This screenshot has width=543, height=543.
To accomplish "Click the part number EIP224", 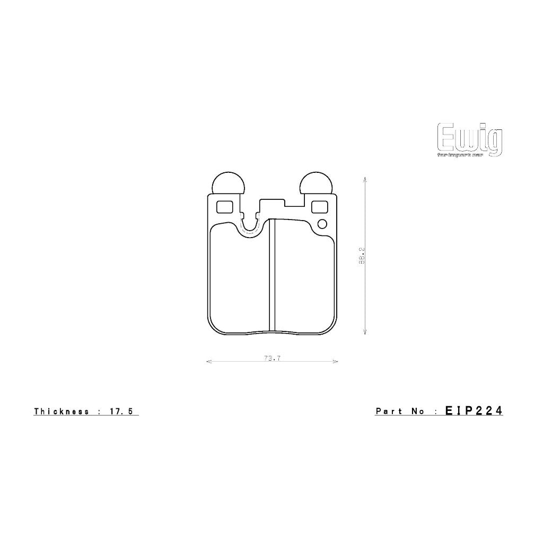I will [474, 410].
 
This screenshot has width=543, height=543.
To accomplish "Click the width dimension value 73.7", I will [271, 358].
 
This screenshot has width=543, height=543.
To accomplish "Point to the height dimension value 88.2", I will [361, 255].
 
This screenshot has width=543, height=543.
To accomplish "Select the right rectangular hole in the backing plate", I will [319, 206].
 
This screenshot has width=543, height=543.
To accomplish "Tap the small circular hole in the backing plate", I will [322, 224].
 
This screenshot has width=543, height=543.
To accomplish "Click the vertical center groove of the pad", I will [272, 276].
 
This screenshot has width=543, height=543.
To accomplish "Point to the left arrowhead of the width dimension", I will [208, 362].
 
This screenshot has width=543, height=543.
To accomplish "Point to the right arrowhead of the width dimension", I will [336, 362].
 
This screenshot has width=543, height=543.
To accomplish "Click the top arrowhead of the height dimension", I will [365, 180].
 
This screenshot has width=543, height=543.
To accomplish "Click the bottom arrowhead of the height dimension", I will [365, 332].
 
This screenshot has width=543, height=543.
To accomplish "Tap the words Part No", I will [400, 411].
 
